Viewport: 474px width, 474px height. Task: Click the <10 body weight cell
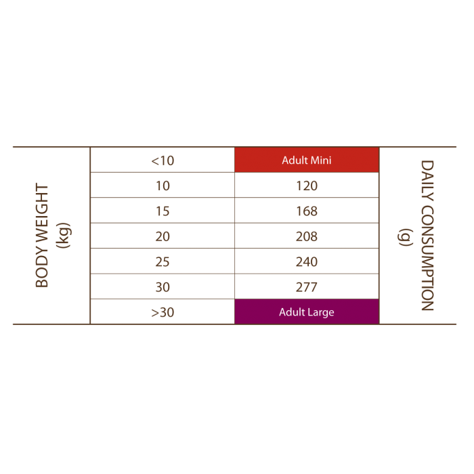click(x=163, y=160)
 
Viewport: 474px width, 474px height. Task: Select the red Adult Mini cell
click(x=307, y=160)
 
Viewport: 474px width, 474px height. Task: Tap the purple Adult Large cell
click(x=307, y=311)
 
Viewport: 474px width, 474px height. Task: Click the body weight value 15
click(x=163, y=211)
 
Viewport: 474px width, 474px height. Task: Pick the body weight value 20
click(x=163, y=236)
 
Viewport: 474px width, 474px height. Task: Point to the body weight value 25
click(x=163, y=262)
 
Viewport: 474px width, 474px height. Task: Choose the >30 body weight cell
click(x=163, y=312)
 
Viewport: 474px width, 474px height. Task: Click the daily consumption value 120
click(x=307, y=186)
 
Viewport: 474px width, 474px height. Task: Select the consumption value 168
click(x=307, y=211)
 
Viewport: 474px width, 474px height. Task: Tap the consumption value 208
click(x=307, y=236)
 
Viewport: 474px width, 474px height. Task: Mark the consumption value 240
click(x=307, y=262)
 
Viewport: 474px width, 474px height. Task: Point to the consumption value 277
click(x=307, y=287)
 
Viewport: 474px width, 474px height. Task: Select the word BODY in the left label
click(x=42, y=265)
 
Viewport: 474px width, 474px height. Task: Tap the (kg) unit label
click(x=64, y=236)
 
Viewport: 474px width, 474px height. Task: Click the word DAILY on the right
click(x=427, y=181)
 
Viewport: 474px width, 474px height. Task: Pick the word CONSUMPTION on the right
click(x=427, y=258)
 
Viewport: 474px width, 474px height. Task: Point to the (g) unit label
click(x=405, y=237)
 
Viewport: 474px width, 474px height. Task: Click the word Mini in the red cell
click(x=321, y=160)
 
